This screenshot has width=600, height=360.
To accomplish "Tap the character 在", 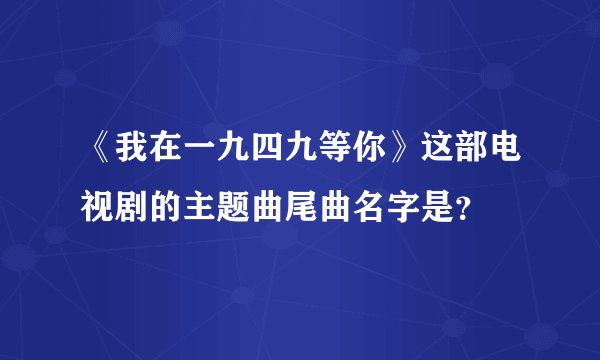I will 162,157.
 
